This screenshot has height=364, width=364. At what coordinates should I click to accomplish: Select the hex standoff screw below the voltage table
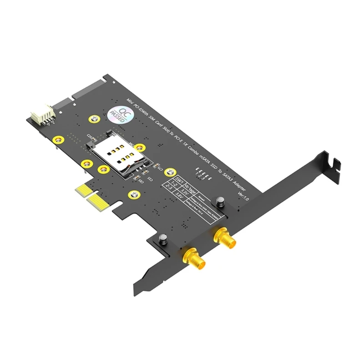point(162,238)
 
